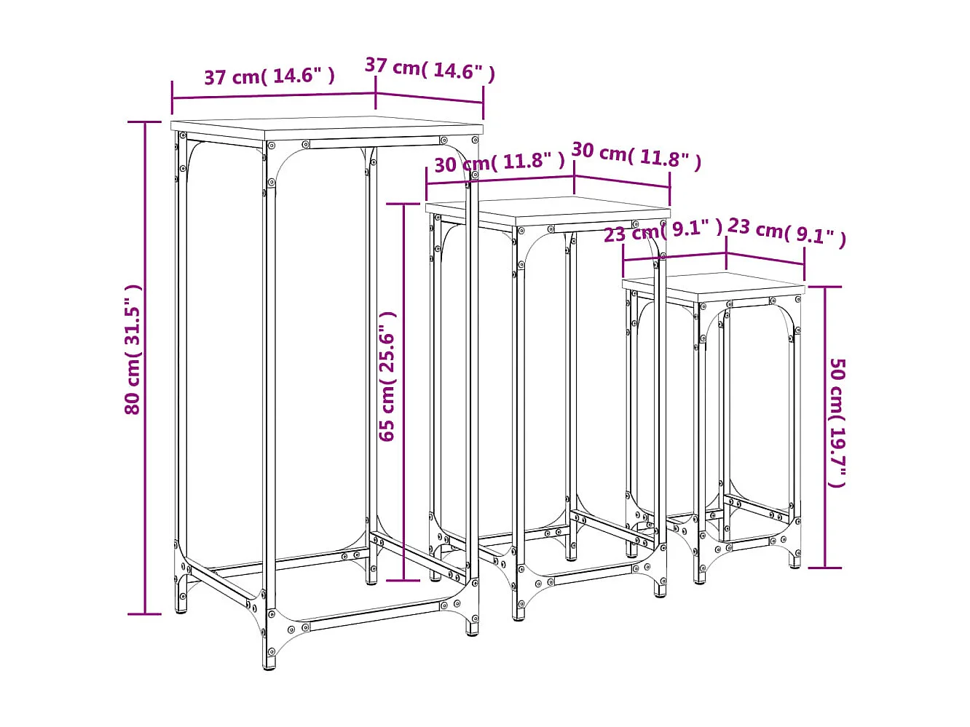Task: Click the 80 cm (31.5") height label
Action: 133,349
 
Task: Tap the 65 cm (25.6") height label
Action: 387,376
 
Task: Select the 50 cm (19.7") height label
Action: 837,423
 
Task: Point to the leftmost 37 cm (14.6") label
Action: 269,76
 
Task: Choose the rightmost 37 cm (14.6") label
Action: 430,69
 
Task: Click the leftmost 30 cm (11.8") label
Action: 500,162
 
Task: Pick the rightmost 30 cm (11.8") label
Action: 636,155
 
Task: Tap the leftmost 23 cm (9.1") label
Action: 663,231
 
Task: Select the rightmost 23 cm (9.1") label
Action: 786,231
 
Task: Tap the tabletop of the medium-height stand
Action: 548,209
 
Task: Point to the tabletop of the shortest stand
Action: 714,285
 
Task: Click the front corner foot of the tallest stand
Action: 270,661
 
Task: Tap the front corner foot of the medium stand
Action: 518,613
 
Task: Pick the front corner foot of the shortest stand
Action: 701,579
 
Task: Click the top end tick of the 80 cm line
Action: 146,122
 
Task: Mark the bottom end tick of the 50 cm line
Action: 825,568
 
